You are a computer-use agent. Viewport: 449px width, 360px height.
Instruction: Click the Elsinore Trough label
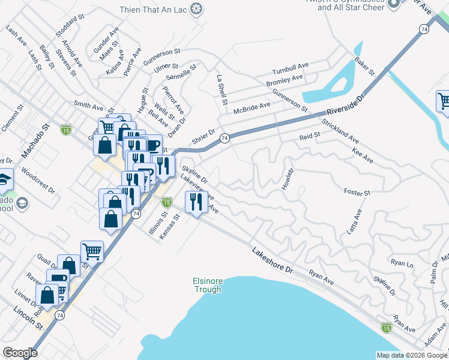point(207,285)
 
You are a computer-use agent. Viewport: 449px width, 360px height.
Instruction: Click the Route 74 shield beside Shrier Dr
point(224,138)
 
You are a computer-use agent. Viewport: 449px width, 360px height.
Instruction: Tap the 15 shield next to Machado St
point(65,129)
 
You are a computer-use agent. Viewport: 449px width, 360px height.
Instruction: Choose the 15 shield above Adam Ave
point(385,327)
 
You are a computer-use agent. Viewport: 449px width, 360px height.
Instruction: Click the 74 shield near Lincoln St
point(59,315)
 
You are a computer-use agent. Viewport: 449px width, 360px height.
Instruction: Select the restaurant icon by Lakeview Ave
point(194,202)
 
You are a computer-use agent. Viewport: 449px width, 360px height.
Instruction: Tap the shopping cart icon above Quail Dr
point(92,250)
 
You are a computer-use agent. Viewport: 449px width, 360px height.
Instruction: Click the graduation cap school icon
point(4,179)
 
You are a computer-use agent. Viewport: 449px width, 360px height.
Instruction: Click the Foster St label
point(357,193)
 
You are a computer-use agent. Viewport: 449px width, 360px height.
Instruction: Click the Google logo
point(20,353)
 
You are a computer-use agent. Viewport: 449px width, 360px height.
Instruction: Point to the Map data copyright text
point(411,355)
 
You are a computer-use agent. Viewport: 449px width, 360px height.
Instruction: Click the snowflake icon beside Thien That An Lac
point(195,8)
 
